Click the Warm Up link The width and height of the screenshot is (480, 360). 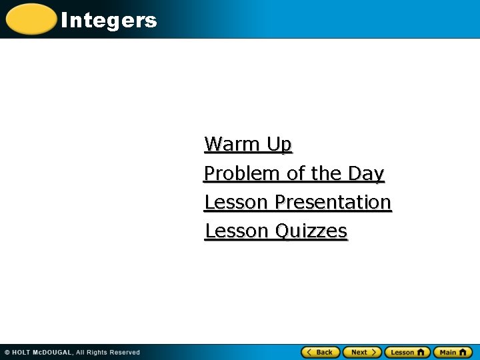[x=248, y=144]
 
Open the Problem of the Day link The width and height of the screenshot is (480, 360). [x=294, y=173]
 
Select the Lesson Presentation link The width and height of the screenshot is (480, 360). [x=297, y=202]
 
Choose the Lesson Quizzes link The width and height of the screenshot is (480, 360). [x=276, y=231]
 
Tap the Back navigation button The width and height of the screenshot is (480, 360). [x=321, y=352]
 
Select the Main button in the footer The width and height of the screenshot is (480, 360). [x=453, y=352]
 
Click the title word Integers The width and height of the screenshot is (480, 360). [x=109, y=21]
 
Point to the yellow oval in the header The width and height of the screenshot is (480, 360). [x=31, y=19]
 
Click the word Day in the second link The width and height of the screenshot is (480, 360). [x=366, y=173]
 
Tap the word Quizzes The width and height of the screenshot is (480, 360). [x=311, y=231]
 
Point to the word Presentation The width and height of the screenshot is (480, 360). [x=333, y=202]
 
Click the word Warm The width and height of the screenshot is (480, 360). [x=233, y=144]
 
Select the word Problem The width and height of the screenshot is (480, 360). [x=242, y=173]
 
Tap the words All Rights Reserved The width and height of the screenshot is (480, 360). [x=107, y=352]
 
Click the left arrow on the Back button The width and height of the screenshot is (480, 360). [x=309, y=352]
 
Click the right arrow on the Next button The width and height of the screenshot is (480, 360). [x=375, y=352]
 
